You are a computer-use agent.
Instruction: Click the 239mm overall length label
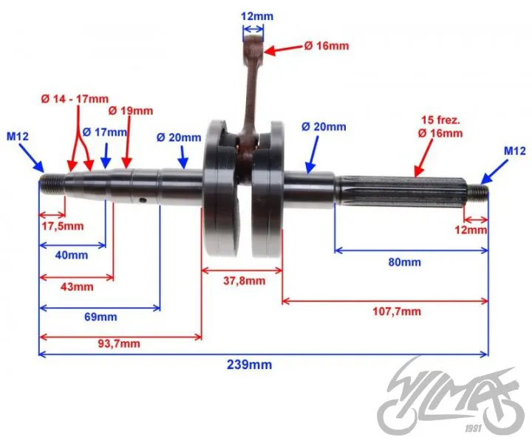tap(249, 365)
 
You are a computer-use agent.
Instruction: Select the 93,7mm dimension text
tap(119, 343)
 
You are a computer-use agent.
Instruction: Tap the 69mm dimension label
tap(100, 317)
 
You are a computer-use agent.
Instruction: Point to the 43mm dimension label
tap(77, 286)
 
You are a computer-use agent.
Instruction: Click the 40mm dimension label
tap(72, 255)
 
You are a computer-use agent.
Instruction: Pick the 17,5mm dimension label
tap(63, 226)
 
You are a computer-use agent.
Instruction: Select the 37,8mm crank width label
tap(245, 281)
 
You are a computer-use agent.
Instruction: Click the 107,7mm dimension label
tap(397, 311)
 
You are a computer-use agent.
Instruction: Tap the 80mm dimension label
tap(404, 262)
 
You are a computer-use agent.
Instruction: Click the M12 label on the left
tap(18, 137)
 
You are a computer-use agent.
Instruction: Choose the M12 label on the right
tap(515, 151)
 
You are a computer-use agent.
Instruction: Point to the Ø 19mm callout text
tap(131, 111)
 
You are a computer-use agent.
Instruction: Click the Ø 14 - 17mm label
tap(75, 99)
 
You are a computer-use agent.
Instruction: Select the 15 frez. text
tap(440, 120)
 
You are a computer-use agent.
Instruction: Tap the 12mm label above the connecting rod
tap(257, 16)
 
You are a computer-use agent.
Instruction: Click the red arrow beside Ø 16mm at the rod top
tap(283, 49)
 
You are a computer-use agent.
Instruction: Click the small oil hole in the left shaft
tap(143, 201)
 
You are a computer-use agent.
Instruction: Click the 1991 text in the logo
tap(474, 429)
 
